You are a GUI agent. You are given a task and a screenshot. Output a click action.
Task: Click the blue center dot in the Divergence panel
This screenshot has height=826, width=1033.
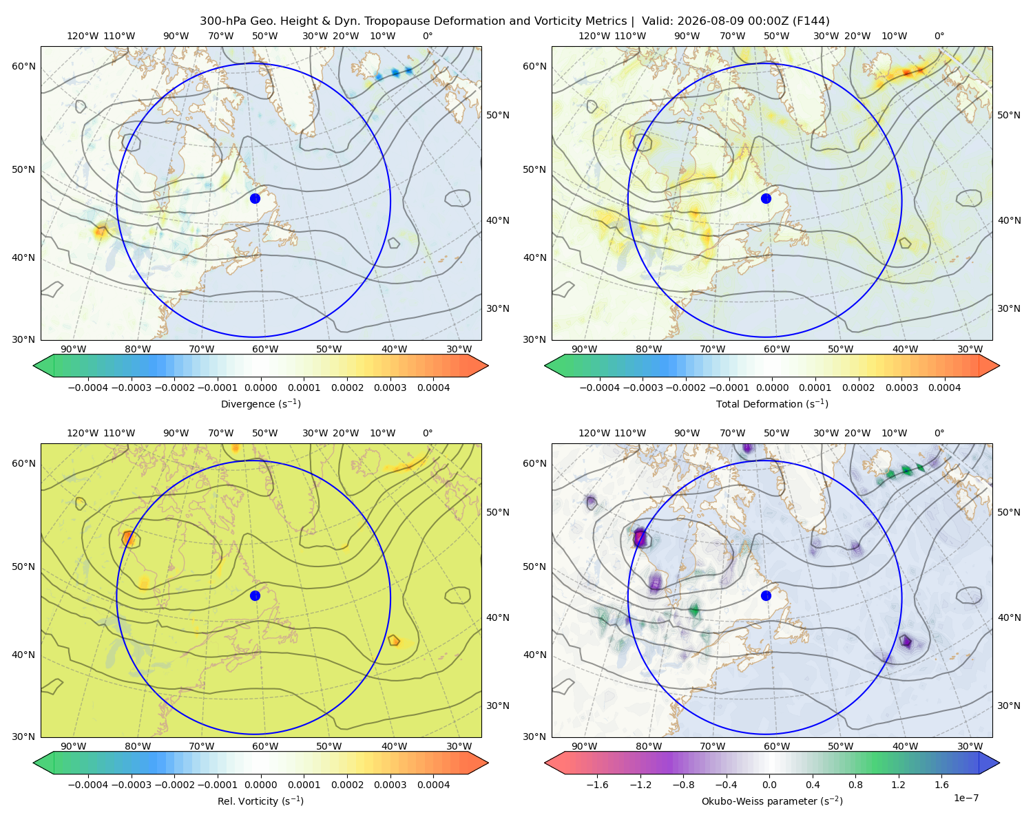click(x=255, y=198)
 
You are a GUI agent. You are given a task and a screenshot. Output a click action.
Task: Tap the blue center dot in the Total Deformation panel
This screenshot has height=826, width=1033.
click(x=766, y=198)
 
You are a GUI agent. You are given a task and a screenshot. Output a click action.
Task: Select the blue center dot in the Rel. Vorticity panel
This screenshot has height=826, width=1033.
click(x=255, y=595)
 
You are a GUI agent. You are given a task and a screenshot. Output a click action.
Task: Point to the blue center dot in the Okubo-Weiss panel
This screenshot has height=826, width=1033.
click(x=766, y=595)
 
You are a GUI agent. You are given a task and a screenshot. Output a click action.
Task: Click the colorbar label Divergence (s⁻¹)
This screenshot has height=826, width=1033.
click(x=260, y=403)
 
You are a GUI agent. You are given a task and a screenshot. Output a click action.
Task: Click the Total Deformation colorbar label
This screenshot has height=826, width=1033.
click(x=772, y=403)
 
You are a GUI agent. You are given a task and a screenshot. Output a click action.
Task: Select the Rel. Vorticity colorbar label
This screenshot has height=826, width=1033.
click(x=260, y=801)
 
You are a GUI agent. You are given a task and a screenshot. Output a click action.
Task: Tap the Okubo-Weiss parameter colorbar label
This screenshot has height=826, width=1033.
click(x=772, y=801)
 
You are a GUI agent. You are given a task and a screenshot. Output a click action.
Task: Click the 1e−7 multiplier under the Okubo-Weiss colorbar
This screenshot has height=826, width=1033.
click(x=966, y=798)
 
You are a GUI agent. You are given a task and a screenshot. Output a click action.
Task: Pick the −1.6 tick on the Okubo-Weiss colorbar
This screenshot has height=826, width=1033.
click(x=597, y=784)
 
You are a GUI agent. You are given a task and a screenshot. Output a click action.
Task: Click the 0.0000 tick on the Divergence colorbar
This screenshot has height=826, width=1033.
click(x=260, y=388)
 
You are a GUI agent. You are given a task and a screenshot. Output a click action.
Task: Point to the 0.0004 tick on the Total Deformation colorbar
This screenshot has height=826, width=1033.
click(x=945, y=388)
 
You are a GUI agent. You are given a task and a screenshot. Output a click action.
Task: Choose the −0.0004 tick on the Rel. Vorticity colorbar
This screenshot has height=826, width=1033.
click(x=88, y=784)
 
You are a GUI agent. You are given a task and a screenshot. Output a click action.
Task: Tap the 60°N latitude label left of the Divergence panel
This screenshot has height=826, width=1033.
click(x=23, y=66)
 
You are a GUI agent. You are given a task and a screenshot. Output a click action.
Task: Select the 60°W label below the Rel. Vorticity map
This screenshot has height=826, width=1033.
click(x=265, y=746)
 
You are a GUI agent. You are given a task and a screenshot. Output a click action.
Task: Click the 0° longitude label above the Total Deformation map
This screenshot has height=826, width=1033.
click(x=939, y=36)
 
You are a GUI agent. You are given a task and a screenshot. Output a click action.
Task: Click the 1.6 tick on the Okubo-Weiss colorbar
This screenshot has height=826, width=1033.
click(x=942, y=784)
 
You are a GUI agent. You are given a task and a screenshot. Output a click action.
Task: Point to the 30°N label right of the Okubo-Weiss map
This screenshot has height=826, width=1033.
click(x=1009, y=705)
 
